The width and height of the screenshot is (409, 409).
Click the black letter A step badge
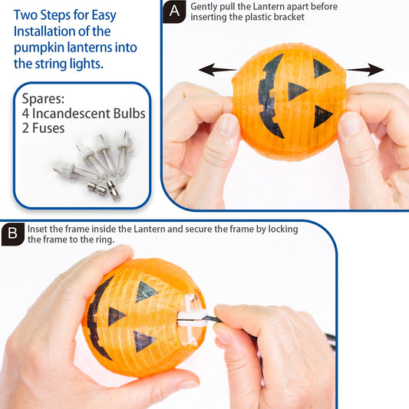176,12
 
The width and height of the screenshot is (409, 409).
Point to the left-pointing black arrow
217,71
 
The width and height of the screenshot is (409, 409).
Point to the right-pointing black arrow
364,71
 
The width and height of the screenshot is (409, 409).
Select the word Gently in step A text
206,6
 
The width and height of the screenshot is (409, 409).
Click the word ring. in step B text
104,239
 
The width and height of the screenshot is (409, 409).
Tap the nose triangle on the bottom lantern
117,315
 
